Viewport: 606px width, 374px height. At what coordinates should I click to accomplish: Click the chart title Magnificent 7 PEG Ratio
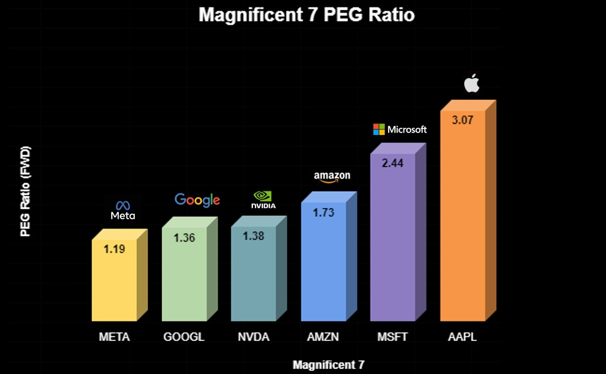pyautogui.click(x=307, y=15)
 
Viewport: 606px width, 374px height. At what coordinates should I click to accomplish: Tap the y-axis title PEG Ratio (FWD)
pyautogui.click(x=25, y=191)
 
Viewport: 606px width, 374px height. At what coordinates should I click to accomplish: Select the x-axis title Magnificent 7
pyautogui.click(x=329, y=365)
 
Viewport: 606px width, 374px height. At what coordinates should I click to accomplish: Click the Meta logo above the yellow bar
pyautogui.click(x=123, y=210)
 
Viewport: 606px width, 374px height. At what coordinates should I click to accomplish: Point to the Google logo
pyautogui.click(x=197, y=200)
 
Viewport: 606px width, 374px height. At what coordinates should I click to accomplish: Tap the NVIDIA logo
pyautogui.click(x=263, y=200)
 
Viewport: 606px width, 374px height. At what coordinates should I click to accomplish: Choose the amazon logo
pyautogui.click(x=332, y=177)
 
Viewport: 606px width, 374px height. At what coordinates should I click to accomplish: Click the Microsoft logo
pyautogui.click(x=400, y=129)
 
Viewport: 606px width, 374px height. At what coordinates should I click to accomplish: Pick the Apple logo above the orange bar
pyautogui.click(x=472, y=83)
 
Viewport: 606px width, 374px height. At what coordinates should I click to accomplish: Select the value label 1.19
pyautogui.click(x=114, y=249)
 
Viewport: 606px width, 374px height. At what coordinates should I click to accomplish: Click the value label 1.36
pyautogui.click(x=184, y=238)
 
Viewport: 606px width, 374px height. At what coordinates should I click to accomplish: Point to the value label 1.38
pyautogui.click(x=254, y=235)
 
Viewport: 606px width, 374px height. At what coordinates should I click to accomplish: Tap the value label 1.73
pyautogui.click(x=324, y=212)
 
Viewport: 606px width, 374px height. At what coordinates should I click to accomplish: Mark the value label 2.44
pyautogui.click(x=393, y=163)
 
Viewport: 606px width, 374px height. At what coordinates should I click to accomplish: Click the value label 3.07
pyautogui.click(x=462, y=120)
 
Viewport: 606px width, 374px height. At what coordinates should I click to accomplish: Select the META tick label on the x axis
pyautogui.click(x=114, y=337)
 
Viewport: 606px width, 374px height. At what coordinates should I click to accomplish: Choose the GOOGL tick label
pyautogui.click(x=184, y=337)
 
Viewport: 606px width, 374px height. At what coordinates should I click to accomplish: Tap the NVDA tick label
pyautogui.click(x=254, y=337)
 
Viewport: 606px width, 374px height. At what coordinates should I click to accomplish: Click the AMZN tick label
pyautogui.click(x=323, y=337)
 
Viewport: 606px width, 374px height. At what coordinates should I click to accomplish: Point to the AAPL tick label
pyautogui.click(x=462, y=337)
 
